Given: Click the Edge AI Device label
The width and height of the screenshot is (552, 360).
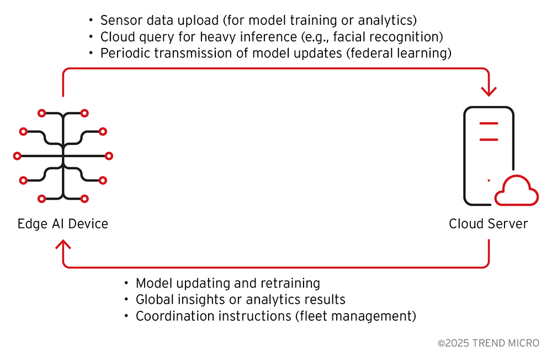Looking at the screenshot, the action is pos(63,224).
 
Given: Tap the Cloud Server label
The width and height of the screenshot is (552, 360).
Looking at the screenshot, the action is pos(489,224).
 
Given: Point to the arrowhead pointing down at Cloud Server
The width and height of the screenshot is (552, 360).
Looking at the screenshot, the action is pos(489,91).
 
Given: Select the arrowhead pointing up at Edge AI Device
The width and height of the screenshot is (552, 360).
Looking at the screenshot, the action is pos(63,244).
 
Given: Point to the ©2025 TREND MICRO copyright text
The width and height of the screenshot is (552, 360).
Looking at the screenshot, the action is pos(489,343).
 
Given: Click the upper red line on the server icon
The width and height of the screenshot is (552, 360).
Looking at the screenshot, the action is pos(489,123).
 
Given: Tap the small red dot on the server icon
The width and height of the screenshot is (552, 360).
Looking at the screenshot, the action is pos(489,181).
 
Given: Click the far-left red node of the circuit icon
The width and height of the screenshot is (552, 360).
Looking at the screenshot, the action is pos(17,156).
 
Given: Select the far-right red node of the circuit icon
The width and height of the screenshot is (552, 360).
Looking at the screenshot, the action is pos(109,156).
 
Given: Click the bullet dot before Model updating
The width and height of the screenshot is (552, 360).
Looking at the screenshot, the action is pos(126,283).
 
